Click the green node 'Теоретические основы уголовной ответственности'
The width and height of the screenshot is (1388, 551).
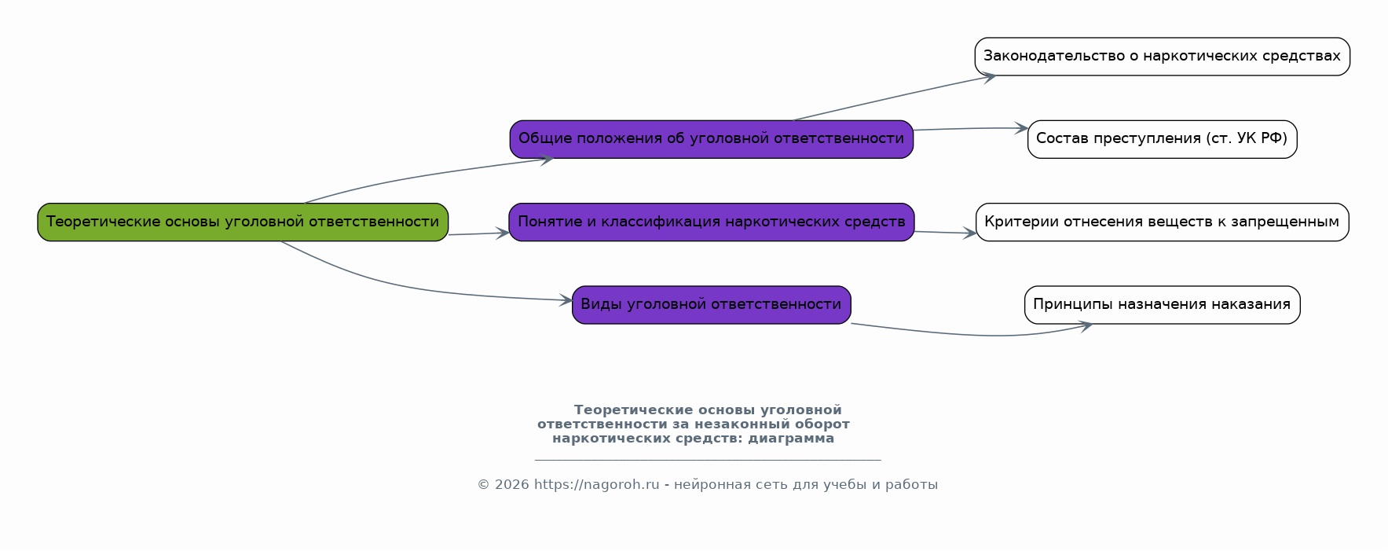pos(243,222)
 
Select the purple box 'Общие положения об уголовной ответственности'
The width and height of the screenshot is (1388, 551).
pos(711,139)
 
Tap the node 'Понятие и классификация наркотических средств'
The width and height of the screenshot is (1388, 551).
pos(711,222)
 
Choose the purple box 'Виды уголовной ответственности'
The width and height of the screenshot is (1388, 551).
pos(711,304)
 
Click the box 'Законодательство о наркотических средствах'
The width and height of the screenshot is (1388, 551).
pos(1162,57)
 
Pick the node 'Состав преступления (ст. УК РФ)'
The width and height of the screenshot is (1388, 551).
pos(1162,139)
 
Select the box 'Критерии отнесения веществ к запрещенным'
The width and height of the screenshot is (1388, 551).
pos(1162,222)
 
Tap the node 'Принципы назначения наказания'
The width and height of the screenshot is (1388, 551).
pos(1162,304)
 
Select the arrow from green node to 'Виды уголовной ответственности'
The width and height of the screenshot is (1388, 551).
pos(408,288)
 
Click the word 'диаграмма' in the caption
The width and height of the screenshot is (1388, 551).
pos(791,439)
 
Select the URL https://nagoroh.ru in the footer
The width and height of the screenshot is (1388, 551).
pos(596,485)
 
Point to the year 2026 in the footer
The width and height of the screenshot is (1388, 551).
pos(511,485)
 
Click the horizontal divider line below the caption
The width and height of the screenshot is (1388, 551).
pos(707,460)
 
